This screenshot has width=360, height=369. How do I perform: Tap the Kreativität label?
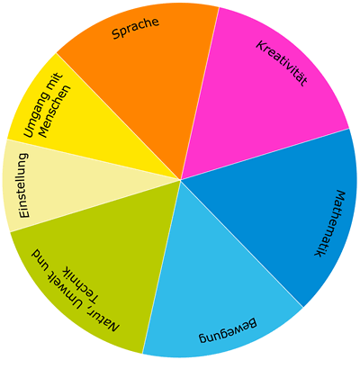click(282, 63)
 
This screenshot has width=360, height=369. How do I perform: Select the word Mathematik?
click(330, 223)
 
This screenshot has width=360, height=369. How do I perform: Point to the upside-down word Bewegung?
click(228, 331)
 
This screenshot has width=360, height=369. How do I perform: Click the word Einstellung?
click(23, 185)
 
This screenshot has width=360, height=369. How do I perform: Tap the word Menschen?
click(55, 112)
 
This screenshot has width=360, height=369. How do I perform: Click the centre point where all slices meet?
click(181, 180)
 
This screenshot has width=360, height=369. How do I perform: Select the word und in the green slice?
click(40, 259)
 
